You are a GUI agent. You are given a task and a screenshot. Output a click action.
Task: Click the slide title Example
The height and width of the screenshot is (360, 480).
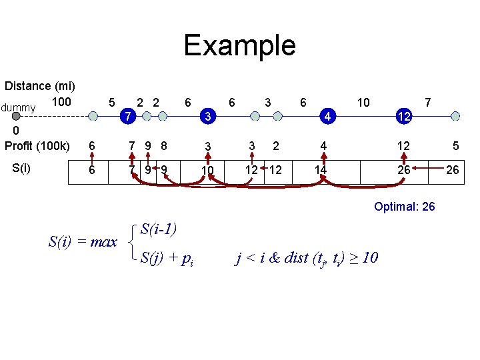click(x=239, y=45)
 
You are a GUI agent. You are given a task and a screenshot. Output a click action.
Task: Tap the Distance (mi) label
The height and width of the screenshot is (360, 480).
click(x=39, y=86)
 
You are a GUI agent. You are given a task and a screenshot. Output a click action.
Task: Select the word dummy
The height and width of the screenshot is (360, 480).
click(x=18, y=107)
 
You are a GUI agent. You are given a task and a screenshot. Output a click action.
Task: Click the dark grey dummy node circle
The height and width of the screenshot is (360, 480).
click(x=16, y=116)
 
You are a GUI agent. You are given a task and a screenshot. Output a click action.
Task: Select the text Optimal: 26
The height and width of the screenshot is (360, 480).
click(x=405, y=207)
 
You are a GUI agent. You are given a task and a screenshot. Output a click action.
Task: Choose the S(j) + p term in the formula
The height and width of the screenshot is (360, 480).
click(x=167, y=257)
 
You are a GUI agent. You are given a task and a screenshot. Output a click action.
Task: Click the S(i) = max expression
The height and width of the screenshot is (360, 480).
click(x=83, y=242)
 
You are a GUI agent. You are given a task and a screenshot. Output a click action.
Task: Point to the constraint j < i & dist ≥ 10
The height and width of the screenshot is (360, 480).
click(x=307, y=257)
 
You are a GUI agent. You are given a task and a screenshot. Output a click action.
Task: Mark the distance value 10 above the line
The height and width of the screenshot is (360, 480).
click(x=363, y=103)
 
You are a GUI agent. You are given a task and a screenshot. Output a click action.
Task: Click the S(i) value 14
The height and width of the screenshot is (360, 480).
click(x=321, y=171)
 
